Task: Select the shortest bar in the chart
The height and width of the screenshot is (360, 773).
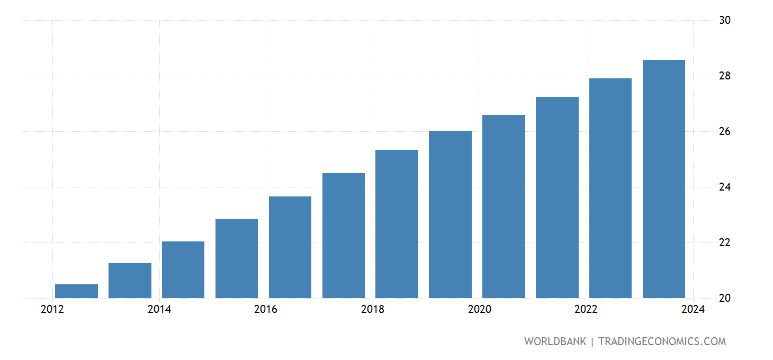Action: (x=76, y=291)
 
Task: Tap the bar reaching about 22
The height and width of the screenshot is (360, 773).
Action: (x=183, y=269)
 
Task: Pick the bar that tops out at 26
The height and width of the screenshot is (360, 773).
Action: (x=450, y=214)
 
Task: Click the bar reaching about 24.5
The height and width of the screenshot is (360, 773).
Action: (x=343, y=236)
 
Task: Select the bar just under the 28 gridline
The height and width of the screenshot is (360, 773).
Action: (x=610, y=188)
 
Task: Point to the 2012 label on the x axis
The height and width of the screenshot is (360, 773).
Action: (x=52, y=310)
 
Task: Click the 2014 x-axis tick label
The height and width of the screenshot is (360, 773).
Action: (x=159, y=310)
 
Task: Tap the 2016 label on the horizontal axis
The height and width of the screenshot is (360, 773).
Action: (x=266, y=310)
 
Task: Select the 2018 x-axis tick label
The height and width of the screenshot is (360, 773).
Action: (x=373, y=310)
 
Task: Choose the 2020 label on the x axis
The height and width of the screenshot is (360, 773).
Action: (x=480, y=310)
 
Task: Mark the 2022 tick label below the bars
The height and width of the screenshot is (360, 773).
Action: (x=587, y=310)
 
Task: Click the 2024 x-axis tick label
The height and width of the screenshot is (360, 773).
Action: (x=694, y=310)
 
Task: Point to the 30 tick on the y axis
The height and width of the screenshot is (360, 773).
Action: (x=725, y=21)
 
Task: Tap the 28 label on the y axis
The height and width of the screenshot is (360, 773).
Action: (x=725, y=76)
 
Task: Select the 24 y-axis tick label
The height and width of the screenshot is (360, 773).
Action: (x=725, y=187)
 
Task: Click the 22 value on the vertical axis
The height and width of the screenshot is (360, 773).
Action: (x=725, y=243)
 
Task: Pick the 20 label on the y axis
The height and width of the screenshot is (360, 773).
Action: (x=725, y=299)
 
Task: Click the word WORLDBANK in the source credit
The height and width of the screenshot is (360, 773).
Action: (x=555, y=341)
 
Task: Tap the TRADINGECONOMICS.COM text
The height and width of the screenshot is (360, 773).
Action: (x=662, y=341)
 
